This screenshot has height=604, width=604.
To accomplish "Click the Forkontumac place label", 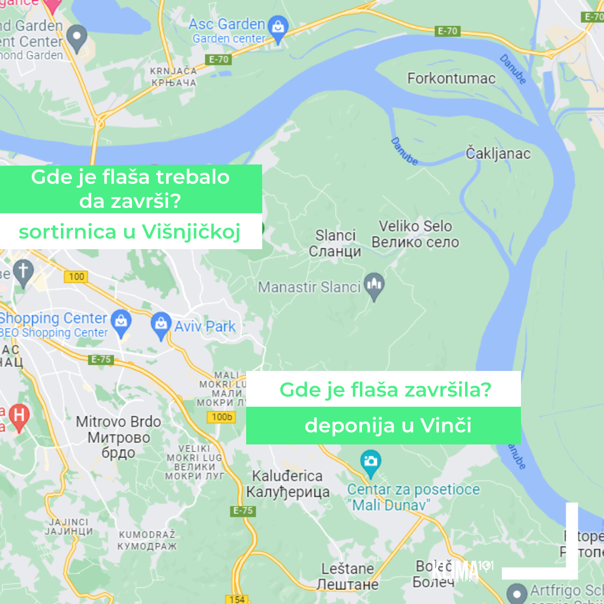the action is [x=451, y=79].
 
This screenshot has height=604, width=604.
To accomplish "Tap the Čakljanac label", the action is [x=498, y=153].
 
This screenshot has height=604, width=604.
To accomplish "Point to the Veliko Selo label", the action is [x=415, y=234].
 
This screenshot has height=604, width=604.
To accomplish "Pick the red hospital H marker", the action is [x=19, y=416].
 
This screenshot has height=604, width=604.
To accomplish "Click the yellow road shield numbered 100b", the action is [x=221, y=417].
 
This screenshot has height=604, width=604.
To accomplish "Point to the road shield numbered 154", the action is [x=237, y=599].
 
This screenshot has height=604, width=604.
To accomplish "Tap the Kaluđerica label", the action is [x=287, y=484].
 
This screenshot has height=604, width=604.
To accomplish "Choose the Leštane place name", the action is [x=347, y=576].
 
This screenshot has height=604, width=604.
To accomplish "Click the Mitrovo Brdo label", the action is [x=118, y=436].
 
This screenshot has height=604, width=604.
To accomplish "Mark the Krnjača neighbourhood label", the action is [x=173, y=77].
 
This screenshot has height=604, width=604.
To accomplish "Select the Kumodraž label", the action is [x=147, y=540].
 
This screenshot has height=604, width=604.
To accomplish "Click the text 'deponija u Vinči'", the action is [x=388, y=426].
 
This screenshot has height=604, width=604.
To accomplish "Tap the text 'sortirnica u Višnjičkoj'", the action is [x=129, y=232].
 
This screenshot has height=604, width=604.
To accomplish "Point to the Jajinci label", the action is [x=68, y=526].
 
